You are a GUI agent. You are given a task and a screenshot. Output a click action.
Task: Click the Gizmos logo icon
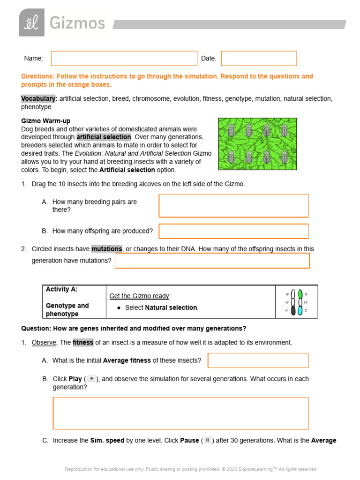pyautogui.click(x=31, y=22)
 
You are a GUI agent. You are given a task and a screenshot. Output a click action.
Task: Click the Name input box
pyautogui.click(x=125, y=59)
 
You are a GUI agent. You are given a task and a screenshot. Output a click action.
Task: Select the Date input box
pyautogui.click(x=259, y=59)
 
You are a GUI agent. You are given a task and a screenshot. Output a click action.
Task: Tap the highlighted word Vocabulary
pyautogui.click(x=39, y=98)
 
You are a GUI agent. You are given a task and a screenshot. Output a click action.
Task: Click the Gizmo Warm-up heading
pyautogui.click(x=45, y=121)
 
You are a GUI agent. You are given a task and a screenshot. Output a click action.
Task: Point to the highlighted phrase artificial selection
pyautogui.click(x=104, y=137)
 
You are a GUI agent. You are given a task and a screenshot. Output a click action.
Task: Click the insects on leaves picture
pyautogui.click(x=257, y=144)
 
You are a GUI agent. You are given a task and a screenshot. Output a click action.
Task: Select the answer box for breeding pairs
pyautogui.click(x=233, y=206)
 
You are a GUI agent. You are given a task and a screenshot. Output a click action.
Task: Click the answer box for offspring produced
pyautogui.click(x=233, y=231)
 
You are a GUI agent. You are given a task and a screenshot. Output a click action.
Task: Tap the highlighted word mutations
pyautogui.click(x=106, y=249)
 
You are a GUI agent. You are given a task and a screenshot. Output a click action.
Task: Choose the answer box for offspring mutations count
pyautogui.click(x=212, y=261)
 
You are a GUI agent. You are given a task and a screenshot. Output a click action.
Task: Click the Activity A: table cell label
pyautogui.click(x=62, y=290)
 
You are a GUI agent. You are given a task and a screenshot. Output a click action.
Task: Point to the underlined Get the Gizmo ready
pyautogui.click(x=140, y=296)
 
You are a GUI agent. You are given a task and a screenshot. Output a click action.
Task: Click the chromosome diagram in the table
pyautogui.click(x=296, y=302)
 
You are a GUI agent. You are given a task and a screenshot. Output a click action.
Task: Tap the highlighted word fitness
pyautogui.click(x=83, y=343)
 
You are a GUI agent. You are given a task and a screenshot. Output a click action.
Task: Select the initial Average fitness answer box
pyautogui.click(x=258, y=360)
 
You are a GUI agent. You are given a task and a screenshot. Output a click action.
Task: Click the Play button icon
pyautogui.click(x=92, y=379)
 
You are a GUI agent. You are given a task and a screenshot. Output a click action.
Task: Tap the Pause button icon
pyautogui.click(x=207, y=440)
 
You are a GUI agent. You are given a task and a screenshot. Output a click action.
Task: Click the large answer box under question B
pyautogui.click(x=180, y=413)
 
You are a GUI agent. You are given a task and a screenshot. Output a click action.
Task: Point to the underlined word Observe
pyautogui.click(x=44, y=343)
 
